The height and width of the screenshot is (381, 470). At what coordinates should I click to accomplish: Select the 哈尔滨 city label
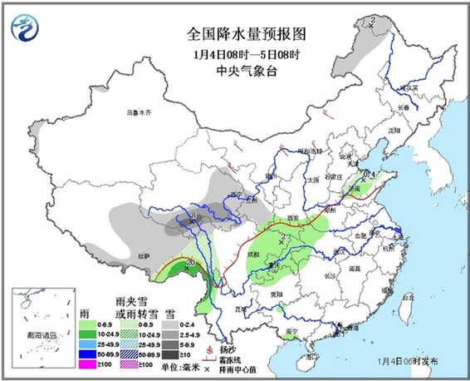[405, 87]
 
